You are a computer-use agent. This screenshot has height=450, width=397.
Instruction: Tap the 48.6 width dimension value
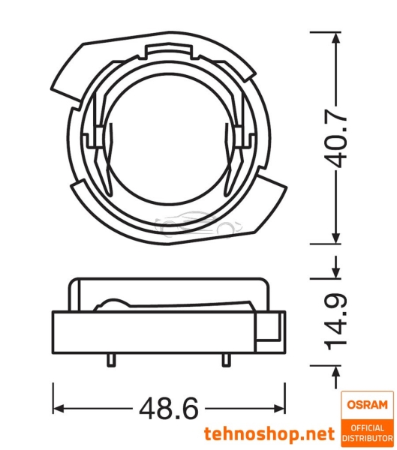[x=169, y=409]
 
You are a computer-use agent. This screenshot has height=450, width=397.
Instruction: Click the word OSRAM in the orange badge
[x=366, y=404]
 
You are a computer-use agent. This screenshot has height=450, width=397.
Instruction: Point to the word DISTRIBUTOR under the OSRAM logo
[x=366, y=437]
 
